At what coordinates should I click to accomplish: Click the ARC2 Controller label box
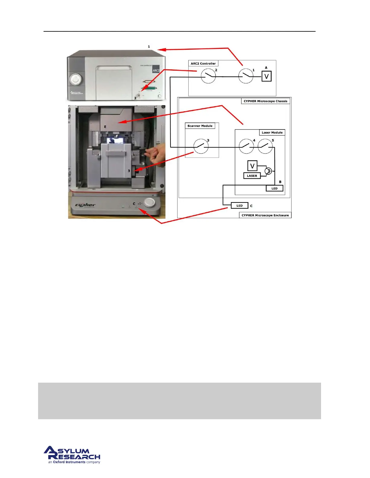point(203,64)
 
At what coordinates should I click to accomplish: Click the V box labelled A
point(266,76)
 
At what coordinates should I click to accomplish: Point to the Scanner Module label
point(200,126)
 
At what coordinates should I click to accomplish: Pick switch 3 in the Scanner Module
point(201,146)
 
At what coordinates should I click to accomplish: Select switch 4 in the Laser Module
point(246,146)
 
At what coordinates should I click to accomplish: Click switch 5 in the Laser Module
point(265,146)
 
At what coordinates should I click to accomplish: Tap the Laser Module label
point(272,132)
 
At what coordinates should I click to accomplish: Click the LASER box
point(252,176)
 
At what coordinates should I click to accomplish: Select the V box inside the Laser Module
point(252,166)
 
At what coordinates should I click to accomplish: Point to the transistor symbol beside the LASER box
point(268,171)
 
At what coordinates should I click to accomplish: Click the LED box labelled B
point(274,188)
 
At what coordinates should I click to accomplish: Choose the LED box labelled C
point(239,206)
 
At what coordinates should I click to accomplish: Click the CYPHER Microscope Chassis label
point(265,101)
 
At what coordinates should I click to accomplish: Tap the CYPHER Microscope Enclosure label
point(265,215)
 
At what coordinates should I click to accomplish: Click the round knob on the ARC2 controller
point(76,79)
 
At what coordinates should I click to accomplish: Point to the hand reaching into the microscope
point(155,154)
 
